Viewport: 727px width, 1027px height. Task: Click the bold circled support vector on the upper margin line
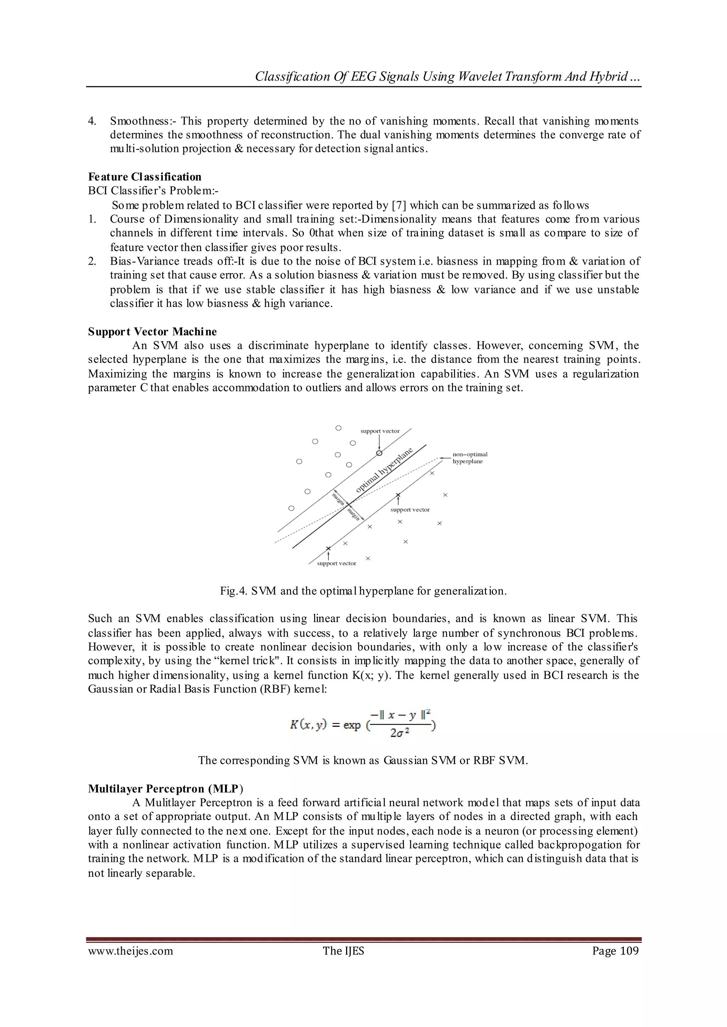click(379, 453)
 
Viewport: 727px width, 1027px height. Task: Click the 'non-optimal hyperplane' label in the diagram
click(469, 458)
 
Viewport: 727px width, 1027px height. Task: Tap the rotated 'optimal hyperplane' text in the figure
click(384, 471)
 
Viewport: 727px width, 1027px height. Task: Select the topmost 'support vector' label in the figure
click(379, 431)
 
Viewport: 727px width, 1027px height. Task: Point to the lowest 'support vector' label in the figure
click(336, 564)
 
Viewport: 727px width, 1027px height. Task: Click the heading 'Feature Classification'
click(144, 177)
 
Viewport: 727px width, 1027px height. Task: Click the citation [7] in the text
click(399, 205)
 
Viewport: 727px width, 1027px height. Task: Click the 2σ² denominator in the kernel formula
click(400, 732)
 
